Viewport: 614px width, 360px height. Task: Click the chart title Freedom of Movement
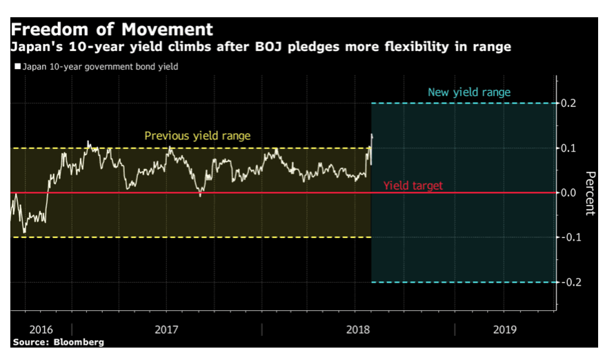click(x=111, y=30)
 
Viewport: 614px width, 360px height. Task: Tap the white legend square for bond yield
click(x=17, y=67)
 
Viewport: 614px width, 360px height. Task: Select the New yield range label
click(x=468, y=92)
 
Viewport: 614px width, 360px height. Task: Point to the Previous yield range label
click(x=197, y=136)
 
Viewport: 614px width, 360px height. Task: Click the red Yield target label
click(x=413, y=186)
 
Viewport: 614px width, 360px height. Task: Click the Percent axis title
click(x=589, y=193)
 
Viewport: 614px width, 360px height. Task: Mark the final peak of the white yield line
click(x=372, y=134)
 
